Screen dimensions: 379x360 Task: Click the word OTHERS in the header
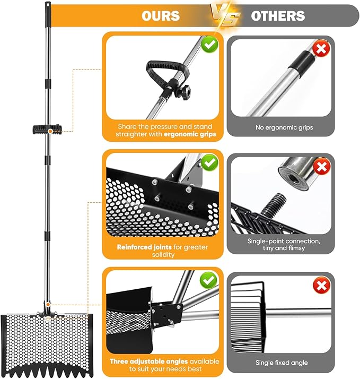[278, 15]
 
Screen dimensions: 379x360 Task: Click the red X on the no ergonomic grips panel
[321, 50]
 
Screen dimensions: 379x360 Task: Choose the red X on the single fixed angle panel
[321, 286]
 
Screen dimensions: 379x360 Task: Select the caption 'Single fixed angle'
[280, 363]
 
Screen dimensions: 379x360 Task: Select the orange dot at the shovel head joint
[48, 304]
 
